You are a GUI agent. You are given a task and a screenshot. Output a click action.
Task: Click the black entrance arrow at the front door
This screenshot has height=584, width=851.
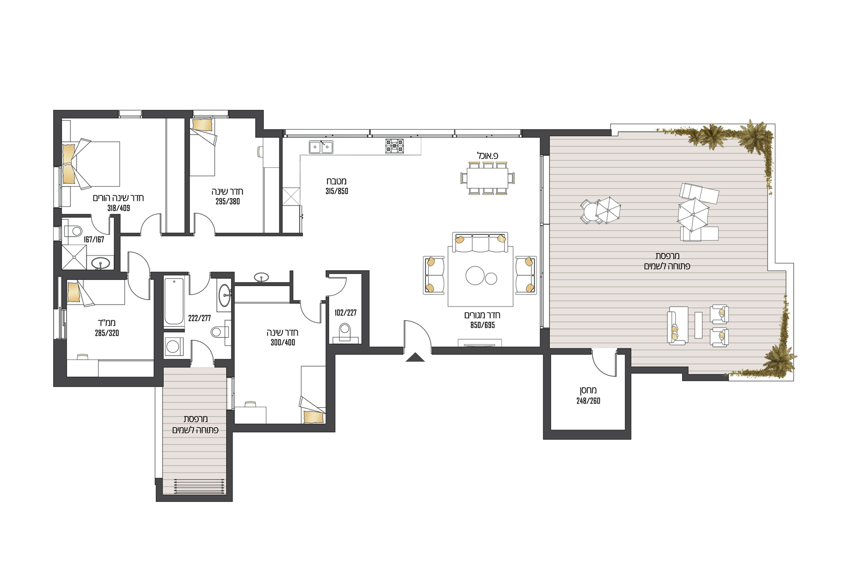pyautogui.click(x=415, y=357)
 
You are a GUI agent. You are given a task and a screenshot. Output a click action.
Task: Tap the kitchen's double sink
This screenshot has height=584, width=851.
pyautogui.click(x=321, y=147)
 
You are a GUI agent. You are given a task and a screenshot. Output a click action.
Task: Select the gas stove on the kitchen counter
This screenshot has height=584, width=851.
pyautogui.click(x=394, y=146)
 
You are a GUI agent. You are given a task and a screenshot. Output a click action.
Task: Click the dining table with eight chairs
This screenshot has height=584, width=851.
pyautogui.click(x=488, y=178)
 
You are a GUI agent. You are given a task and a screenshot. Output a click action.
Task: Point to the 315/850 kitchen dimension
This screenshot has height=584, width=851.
pyautogui.click(x=337, y=191)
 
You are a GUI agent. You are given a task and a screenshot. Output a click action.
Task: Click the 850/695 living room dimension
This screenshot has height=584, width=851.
pyautogui.click(x=482, y=325)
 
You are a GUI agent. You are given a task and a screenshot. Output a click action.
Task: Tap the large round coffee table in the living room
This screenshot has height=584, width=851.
pyautogui.click(x=475, y=275)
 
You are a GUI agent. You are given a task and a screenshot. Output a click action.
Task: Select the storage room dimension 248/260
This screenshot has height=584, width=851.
pyautogui.click(x=588, y=400)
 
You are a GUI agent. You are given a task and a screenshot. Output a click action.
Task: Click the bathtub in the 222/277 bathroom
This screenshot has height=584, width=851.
pyautogui.click(x=174, y=301)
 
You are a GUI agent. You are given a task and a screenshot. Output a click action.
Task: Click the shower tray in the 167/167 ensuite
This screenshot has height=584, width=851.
pyautogui.click(x=74, y=257)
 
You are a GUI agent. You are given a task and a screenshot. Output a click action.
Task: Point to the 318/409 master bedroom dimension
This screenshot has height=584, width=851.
pyautogui.click(x=119, y=208)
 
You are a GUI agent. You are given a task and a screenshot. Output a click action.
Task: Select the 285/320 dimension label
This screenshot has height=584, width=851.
pyautogui.click(x=107, y=333)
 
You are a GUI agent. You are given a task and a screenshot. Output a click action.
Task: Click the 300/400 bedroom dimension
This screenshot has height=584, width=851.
pyautogui.click(x=283, y=343)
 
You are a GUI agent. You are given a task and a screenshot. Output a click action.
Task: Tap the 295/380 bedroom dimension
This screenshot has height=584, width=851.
pyautogui.click(x=227, y=201)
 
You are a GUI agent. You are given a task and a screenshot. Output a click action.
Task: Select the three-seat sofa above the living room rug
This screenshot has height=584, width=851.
pyautogui.click(x=480, y=242)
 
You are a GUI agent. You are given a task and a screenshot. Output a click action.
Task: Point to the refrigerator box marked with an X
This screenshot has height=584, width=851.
pyautogui.click(x=291, y=197)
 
